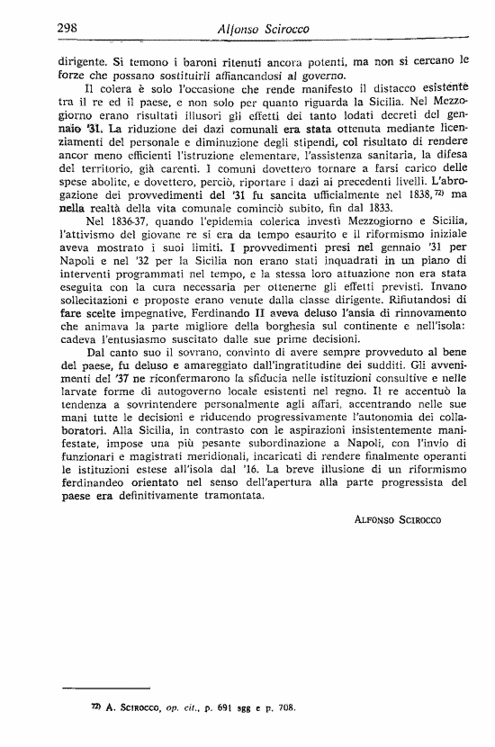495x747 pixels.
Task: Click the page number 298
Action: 67,28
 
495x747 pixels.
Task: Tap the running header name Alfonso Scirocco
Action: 263,30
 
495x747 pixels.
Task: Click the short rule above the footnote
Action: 109,687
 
